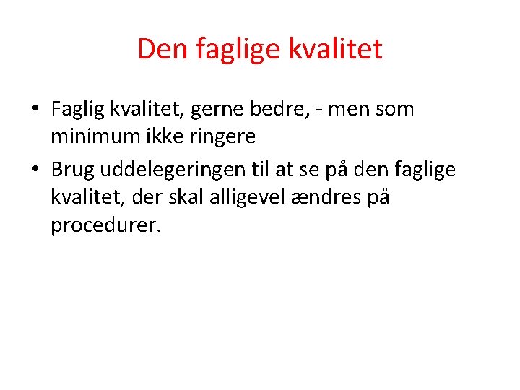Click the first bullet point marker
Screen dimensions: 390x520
tap(35, 110)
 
